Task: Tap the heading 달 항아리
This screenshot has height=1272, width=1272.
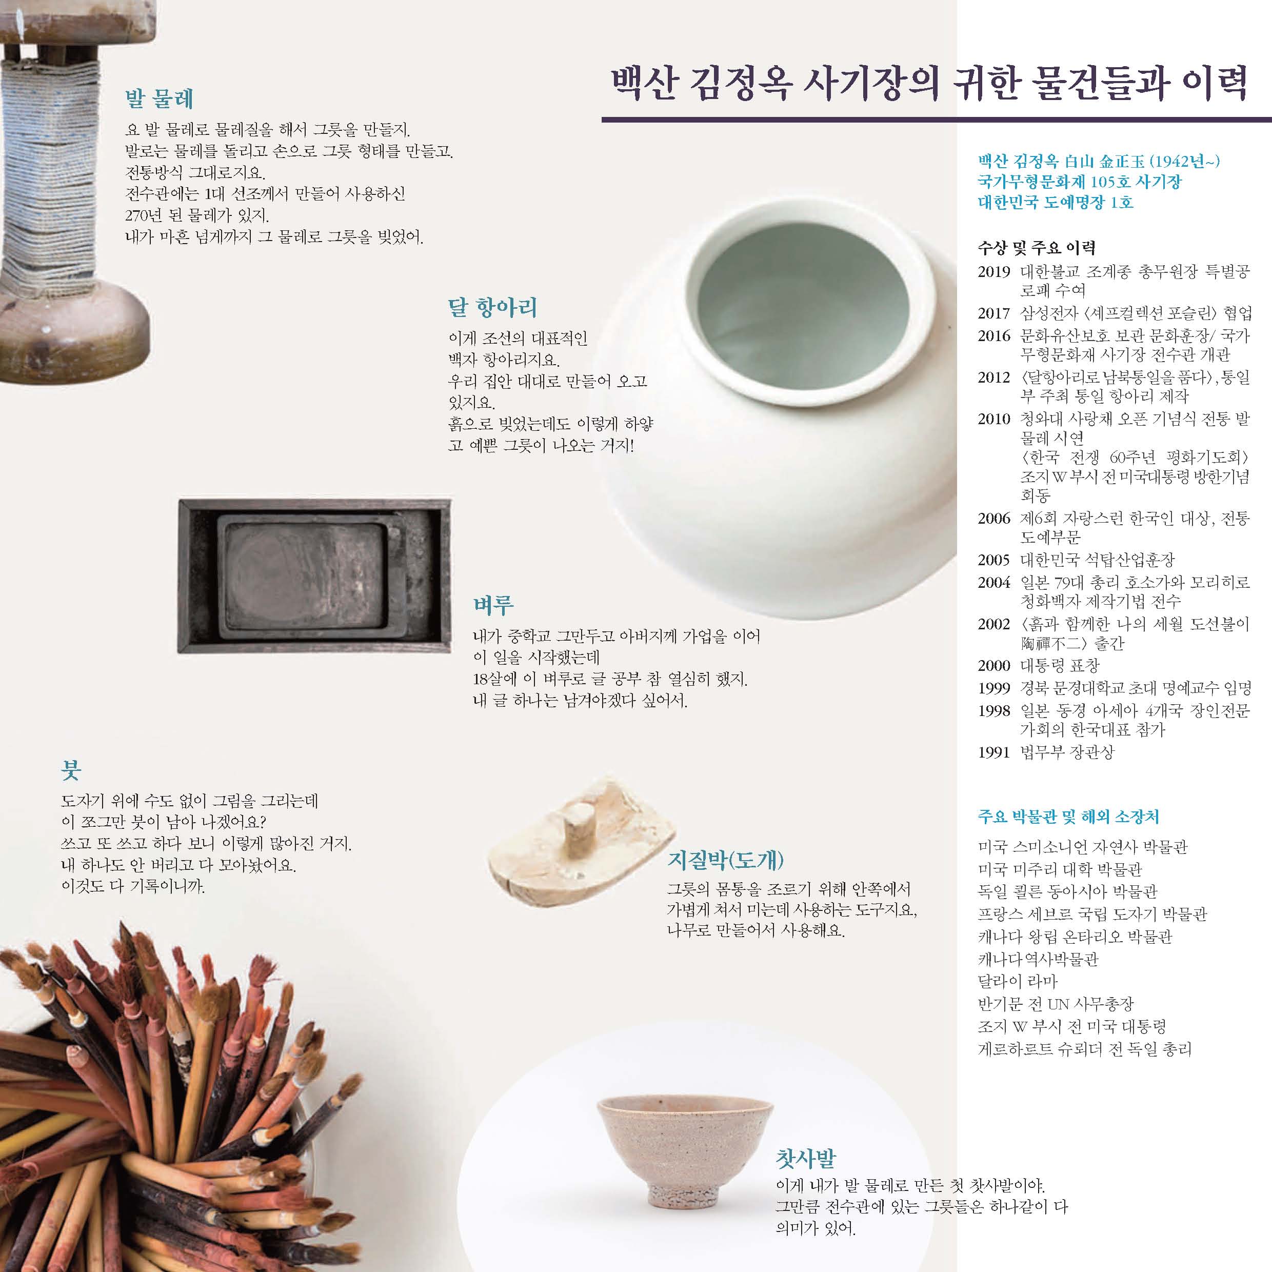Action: [x=492, y=307]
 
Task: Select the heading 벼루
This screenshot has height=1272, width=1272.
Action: [x=493, y=604]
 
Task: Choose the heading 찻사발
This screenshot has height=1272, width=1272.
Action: [x=806, y=1159]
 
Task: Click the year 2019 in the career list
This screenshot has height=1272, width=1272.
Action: [x=993, y=272]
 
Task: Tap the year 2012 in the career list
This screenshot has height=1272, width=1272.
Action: [x=993, y=377]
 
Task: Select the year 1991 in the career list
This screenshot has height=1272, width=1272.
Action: [x=993, y=752]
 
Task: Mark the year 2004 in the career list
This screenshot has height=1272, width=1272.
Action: [x=993, y=582]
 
